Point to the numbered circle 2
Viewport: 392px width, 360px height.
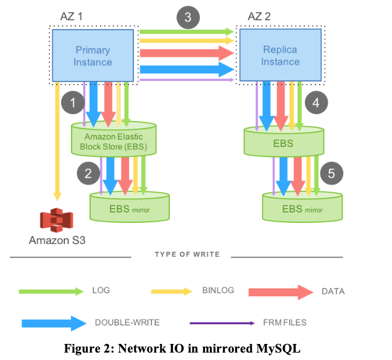click(x=88, y=174)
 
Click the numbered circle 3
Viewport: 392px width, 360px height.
click(x=188, y=17)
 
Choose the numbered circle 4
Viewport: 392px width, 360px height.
click(x=315, y=102)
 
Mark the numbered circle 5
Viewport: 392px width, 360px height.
click(x=332, y=174)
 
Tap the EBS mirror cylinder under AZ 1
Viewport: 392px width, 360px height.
click(x=130, y=207)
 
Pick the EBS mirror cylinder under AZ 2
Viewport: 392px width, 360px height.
click(x=302, y=207)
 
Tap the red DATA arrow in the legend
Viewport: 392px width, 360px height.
click(x=281, y=291)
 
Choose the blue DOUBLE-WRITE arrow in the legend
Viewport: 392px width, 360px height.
click(x=53, y=322)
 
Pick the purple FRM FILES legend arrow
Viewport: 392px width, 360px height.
click(x=222, y=323)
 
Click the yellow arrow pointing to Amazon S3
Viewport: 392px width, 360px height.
click(x=57, y=142)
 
